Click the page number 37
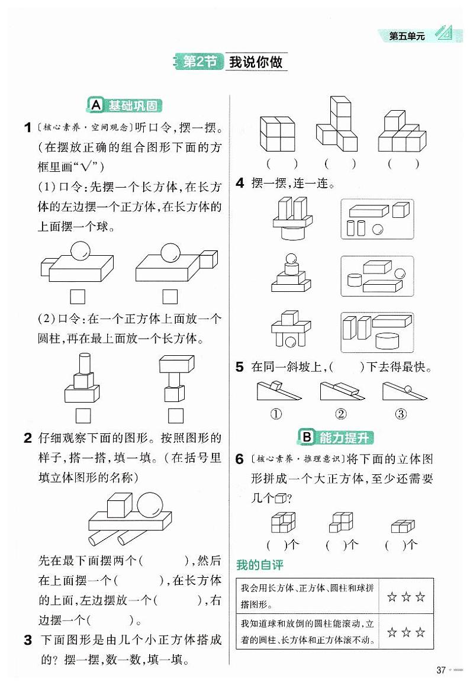tap(440, 670)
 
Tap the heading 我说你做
tap(256, 62)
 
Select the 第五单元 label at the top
tap(407, 37)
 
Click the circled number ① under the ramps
tap(276, 414)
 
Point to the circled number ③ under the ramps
tap(401, 414)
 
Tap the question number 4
tap(240, 184)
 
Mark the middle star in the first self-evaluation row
tap(406, 597)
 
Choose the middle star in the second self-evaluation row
tap(406, 633)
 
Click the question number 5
tap(240, 367)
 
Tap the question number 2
tap(27, 439)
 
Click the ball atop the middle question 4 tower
tap(290, 258)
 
